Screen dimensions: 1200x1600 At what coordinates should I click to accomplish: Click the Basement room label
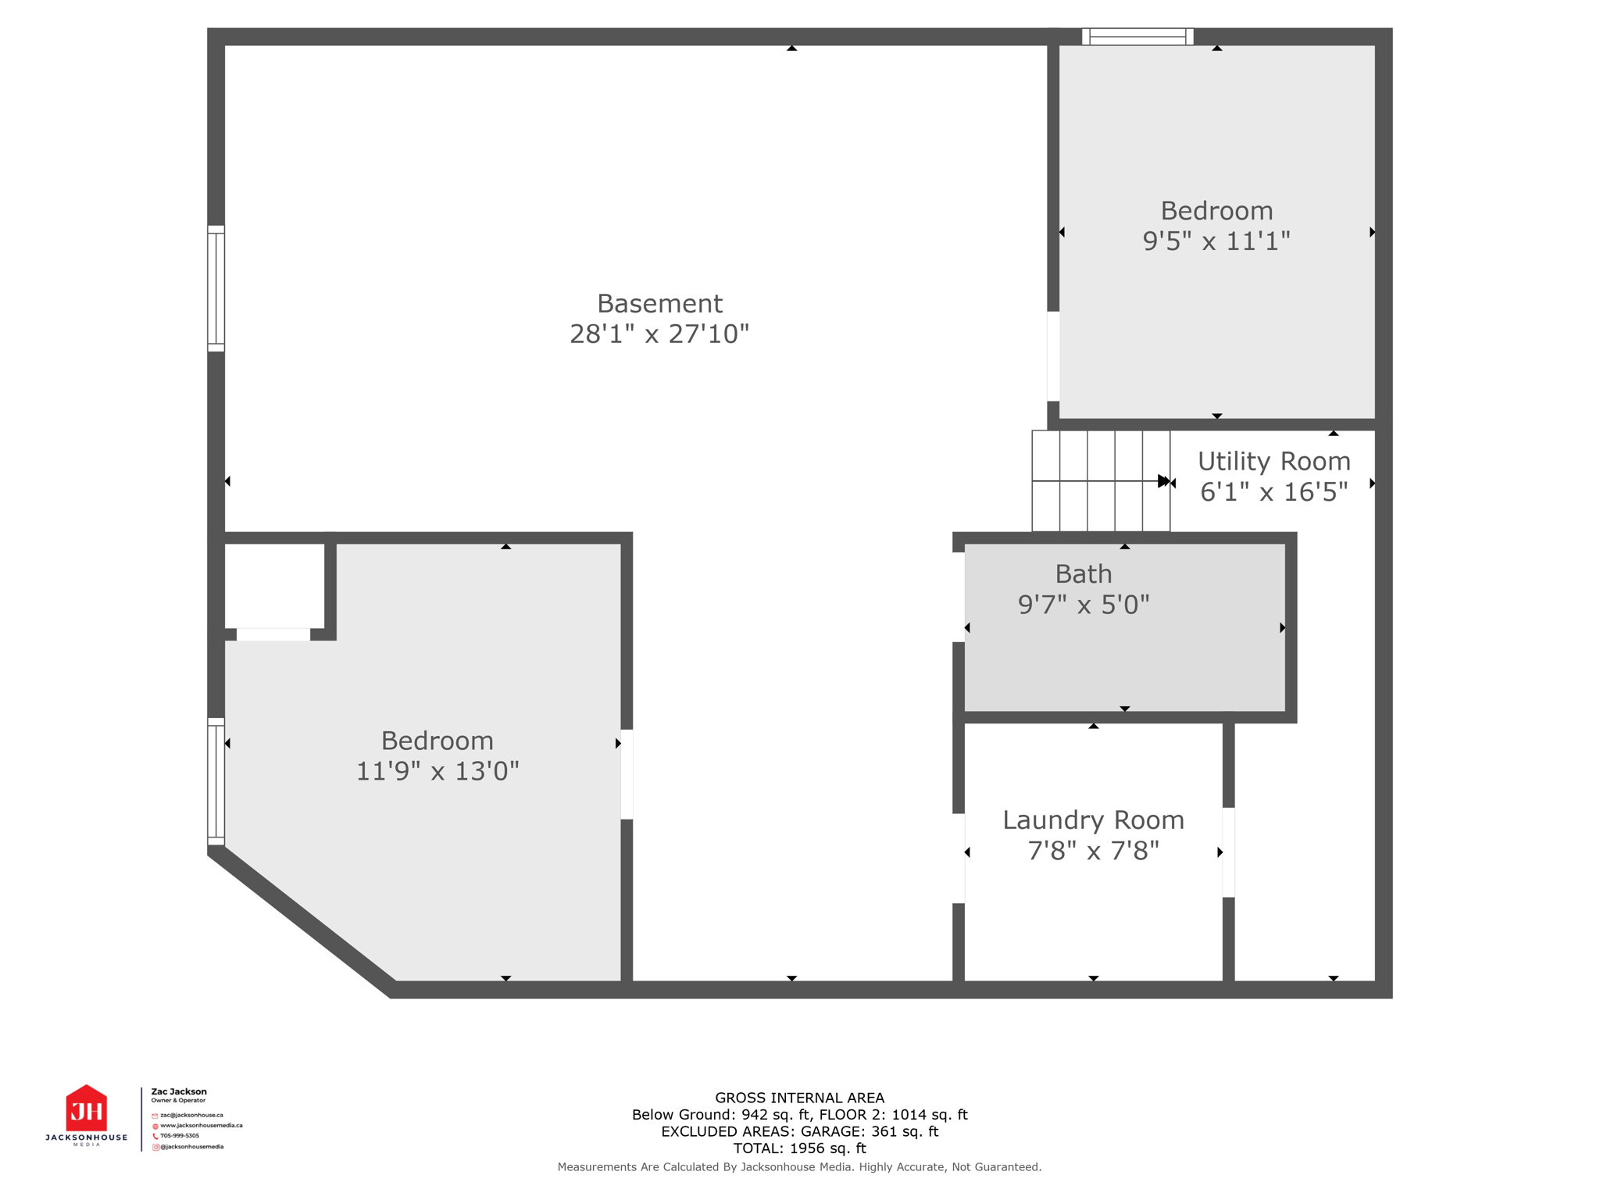click(659, 303)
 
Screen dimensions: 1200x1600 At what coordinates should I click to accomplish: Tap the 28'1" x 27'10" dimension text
click(659, 334)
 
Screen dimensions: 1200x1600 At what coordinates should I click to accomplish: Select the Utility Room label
click(1273, 461)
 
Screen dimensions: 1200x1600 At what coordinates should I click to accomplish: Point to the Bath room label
click(1083, 574)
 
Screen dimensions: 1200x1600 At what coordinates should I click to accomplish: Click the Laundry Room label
click(1093, 820)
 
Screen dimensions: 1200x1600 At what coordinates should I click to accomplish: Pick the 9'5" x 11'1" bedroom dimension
click(1216, 241)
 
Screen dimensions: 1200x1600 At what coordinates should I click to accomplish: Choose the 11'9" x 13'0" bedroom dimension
click(437, 772)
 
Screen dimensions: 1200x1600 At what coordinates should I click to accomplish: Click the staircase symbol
click(1100, 480)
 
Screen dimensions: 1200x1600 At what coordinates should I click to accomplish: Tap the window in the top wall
click(1137, 36)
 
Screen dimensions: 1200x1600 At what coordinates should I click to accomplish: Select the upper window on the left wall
click(216, 288)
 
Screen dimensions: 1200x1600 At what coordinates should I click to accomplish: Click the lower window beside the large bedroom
click(216, 781)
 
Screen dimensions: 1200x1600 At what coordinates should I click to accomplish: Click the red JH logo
click(86, 1109)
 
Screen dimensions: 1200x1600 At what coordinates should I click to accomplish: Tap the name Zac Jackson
click(179, 1091)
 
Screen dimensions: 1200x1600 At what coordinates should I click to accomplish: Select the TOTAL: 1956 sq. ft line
click(799, 1148)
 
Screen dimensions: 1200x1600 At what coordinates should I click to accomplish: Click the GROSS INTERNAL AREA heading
click(799, 1098)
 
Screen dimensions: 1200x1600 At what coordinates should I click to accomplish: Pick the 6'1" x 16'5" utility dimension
click(1273, 492)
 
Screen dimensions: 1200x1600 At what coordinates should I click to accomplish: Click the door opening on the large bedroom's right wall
click(627, 774)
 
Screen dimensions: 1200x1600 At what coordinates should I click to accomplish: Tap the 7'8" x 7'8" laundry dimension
click(1093, 851)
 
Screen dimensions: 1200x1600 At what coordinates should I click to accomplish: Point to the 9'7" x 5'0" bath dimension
click(1083, 605)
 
